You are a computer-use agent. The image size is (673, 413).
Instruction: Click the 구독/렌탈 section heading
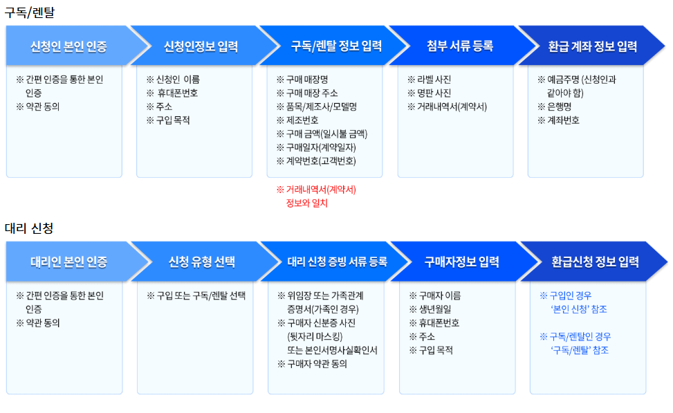(x=29, y=12)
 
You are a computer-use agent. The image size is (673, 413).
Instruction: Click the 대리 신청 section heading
(x=29, y=228)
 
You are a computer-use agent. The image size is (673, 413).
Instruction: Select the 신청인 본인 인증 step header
(x=68, y=47)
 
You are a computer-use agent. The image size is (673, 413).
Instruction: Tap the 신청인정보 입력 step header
(x=201, y=47)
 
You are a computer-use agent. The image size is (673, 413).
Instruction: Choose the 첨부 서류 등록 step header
(x=460, y=47)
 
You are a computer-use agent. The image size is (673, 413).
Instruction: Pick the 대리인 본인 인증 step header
(x=68, y=263)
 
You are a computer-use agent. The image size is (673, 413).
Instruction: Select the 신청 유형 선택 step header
(x=201, y=263)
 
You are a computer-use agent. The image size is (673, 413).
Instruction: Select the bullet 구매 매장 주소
(x=311, y=93)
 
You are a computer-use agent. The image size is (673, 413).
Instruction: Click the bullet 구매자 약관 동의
(x=316, y=364)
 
